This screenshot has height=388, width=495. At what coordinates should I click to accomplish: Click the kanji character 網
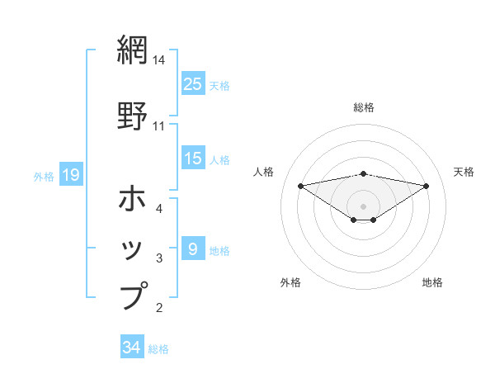tap(133, 49)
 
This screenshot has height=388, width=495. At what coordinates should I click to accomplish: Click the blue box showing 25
tap(193, 84)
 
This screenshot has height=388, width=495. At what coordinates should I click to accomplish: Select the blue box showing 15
tap(193, 159)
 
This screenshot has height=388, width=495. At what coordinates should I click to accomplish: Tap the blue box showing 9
tap(193, 248)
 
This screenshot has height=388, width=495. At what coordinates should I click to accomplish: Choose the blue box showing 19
tap(70, 175)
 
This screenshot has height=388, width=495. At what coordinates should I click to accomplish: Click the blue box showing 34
tap(132, 348)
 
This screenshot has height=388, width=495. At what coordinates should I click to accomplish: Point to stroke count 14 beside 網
tap(159, 60)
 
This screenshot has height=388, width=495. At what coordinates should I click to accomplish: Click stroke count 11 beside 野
tap(159, 126)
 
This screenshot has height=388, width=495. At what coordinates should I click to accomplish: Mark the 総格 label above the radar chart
tap(364, 108)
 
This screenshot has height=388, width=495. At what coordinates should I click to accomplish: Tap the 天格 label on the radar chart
tap(464, 172)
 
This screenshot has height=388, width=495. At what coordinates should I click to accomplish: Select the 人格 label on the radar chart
tap(264, 172)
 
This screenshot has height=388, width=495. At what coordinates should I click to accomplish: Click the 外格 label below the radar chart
tap(290, 283)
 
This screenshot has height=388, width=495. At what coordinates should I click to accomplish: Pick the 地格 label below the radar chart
tap(432, 283)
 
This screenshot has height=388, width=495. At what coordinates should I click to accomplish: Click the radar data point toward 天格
tap(427, 186)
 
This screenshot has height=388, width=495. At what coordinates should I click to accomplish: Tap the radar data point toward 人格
tap(301, 186)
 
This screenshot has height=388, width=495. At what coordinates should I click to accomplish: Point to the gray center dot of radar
tap(364, 206)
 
